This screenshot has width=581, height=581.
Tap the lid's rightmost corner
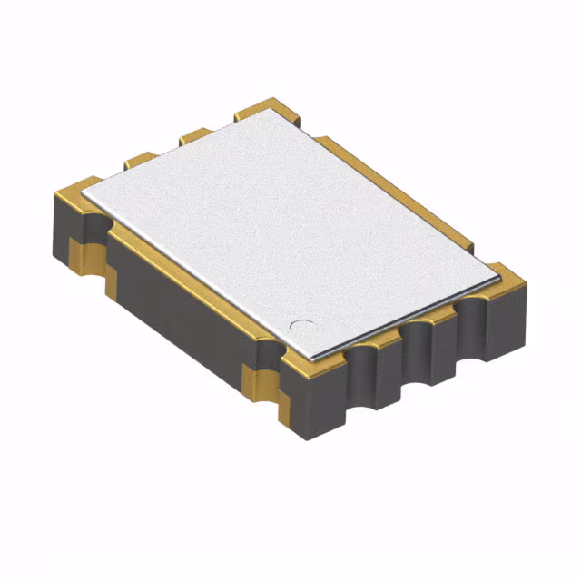click(x=498, y=271)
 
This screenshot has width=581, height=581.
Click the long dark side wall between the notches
click(x=182, y=309)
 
